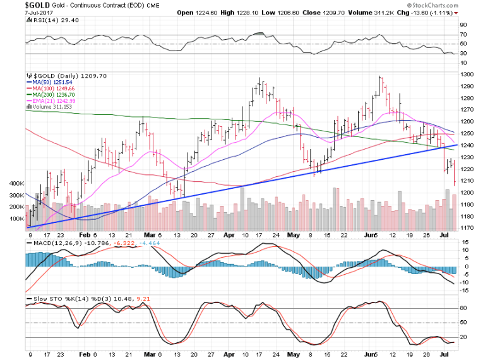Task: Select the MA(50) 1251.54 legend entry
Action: [48, 81]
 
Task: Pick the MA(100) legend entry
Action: [50, 88]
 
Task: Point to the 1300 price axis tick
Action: [467, 74]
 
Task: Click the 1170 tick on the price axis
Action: [467, 228]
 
